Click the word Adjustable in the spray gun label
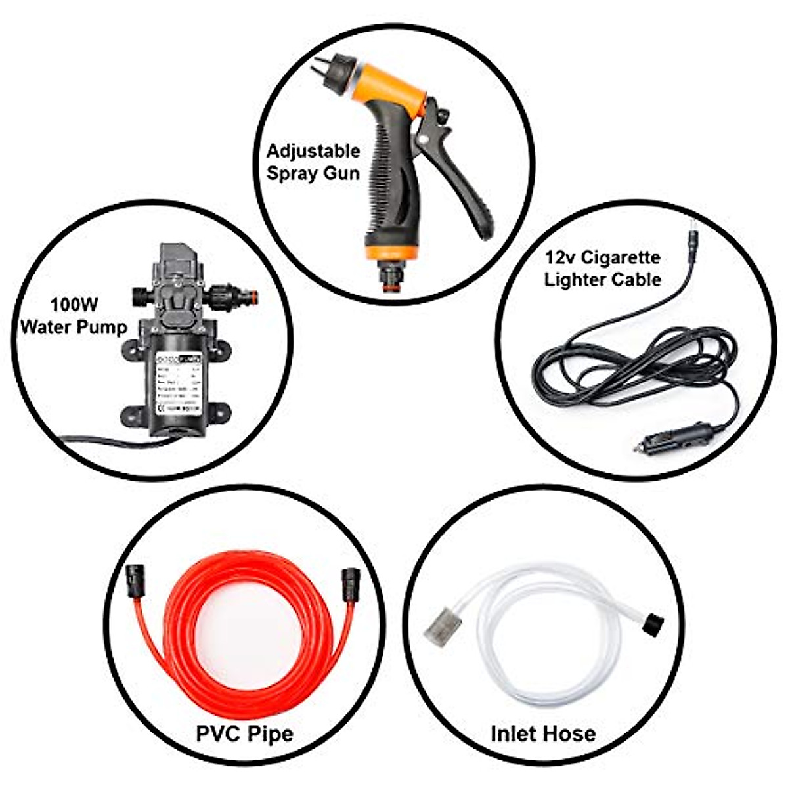(x=313, y=151)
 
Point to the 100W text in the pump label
(x=74, y=305)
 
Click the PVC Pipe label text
(x=245, y=732)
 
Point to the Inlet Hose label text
(x=543, y=733)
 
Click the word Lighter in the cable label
(x=576, y=280)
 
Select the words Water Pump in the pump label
(x=74, y=327)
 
